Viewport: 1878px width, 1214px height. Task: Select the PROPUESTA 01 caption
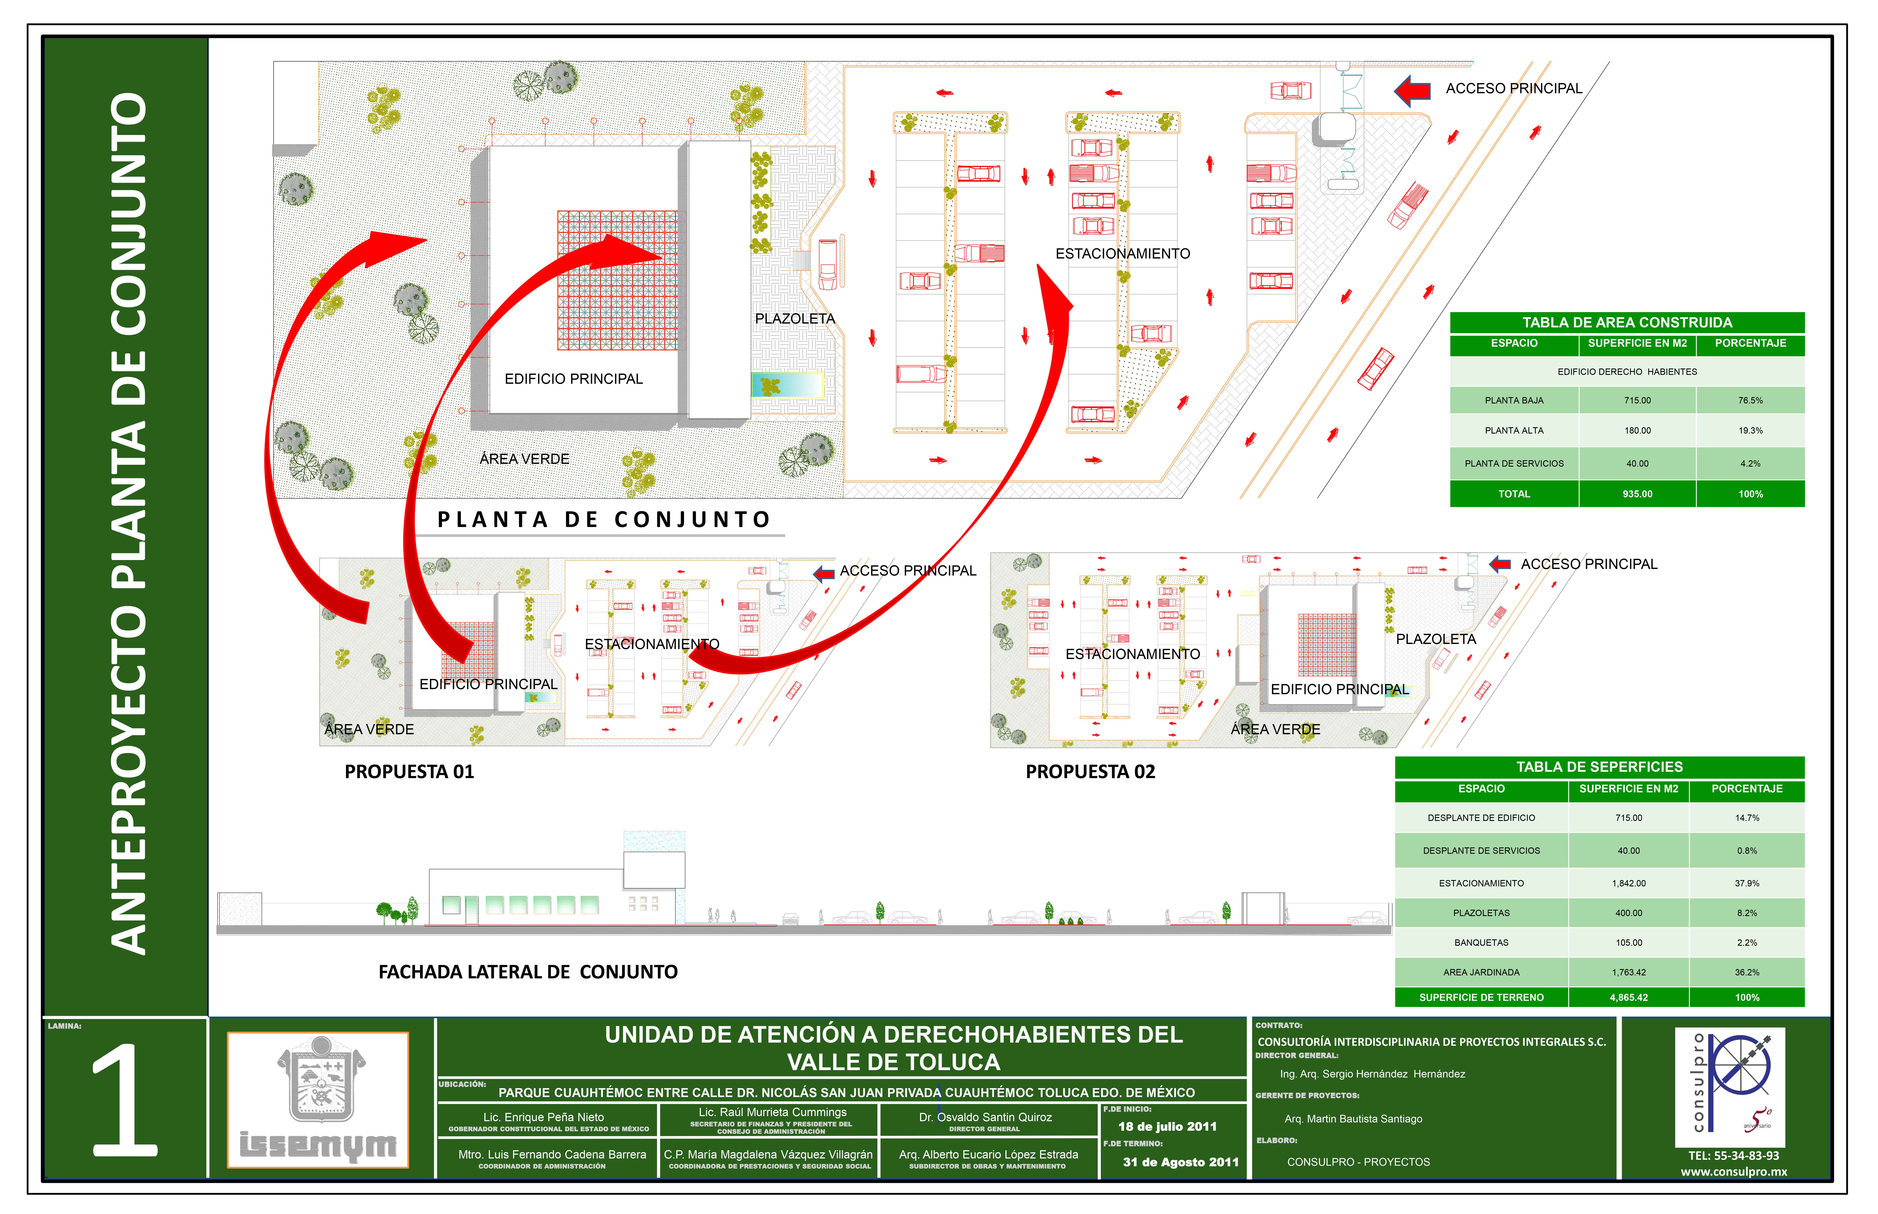[409, 772]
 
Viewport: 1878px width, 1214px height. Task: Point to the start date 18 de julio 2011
[1167, 1126]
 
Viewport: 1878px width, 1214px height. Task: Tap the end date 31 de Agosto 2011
[1180, 1162]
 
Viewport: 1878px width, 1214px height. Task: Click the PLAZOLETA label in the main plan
[794, 318]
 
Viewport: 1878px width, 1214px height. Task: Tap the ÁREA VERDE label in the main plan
[524, 459]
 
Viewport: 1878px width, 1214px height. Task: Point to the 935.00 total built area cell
[1637, 494]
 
